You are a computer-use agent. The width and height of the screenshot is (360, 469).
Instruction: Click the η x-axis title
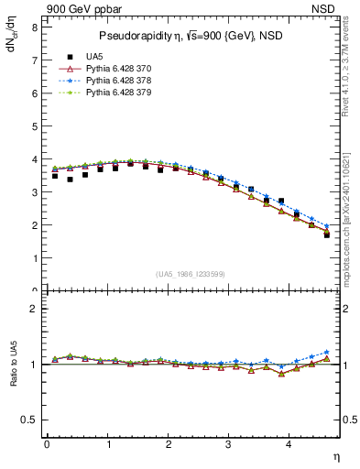(335, 455)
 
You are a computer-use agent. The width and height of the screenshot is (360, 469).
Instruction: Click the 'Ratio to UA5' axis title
(12, 376)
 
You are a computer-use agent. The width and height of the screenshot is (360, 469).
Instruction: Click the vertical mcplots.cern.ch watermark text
(351, 211)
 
